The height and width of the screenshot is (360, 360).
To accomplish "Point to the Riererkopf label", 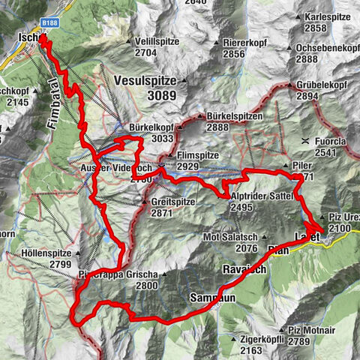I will click(244, 43).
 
